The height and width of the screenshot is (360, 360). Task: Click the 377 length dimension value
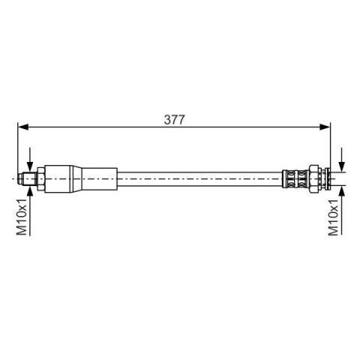coord(174,119)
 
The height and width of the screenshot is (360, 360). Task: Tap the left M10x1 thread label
coord(22,217)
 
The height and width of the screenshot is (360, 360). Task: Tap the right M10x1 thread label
coord(333,217)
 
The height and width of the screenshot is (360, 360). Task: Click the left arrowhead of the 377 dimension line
coord(23,127)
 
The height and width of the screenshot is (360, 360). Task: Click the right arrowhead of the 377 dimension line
coord(325,127)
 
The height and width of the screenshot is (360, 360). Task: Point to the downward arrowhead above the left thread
coord(30,166)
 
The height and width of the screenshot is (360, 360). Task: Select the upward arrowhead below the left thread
coord(30,191)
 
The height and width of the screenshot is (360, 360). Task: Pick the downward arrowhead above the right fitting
coord(341,166)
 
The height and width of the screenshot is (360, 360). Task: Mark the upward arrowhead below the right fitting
coord(341,191)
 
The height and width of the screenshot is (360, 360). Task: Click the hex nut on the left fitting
coord(41,178)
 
